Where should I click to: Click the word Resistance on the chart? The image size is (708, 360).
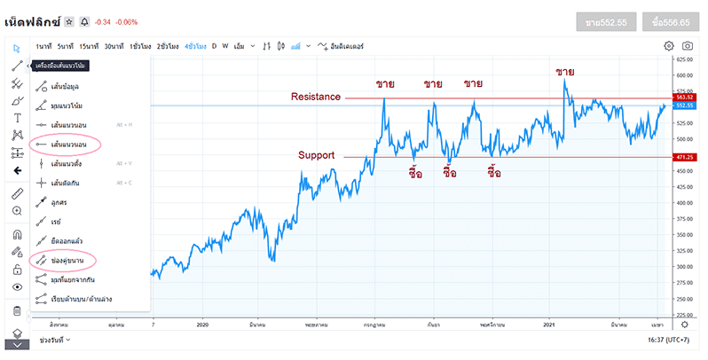click(316, 97)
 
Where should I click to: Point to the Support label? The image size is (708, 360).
click(316, 155)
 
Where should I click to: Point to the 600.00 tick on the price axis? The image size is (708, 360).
click(683, 75)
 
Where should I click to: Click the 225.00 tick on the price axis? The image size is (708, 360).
click(683, 314)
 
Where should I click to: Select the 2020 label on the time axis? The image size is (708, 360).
click(204, 325)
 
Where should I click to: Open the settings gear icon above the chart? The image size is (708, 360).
click(669, 45)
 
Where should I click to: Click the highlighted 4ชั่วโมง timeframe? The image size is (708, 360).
click(195, 45)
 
